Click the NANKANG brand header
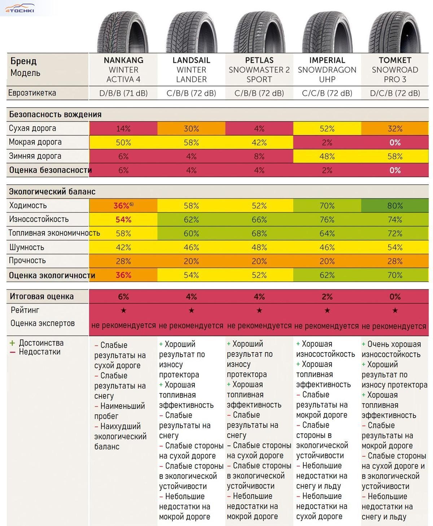(123, 60)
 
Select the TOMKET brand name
(395, 60)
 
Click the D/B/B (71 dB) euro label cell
(123, 93)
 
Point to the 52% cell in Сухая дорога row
(327, 129)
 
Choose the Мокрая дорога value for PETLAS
(259, 143)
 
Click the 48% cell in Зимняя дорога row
(327, 156)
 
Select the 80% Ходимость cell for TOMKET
(395, 206)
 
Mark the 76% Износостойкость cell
(327, 220)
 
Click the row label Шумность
(26, 247)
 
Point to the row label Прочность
(27, 260)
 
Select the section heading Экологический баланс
(52, 192)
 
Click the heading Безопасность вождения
(55, 114)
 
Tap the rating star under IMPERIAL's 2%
(327, 310)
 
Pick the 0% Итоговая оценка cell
(395, 297)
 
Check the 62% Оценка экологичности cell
(327, 275)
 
